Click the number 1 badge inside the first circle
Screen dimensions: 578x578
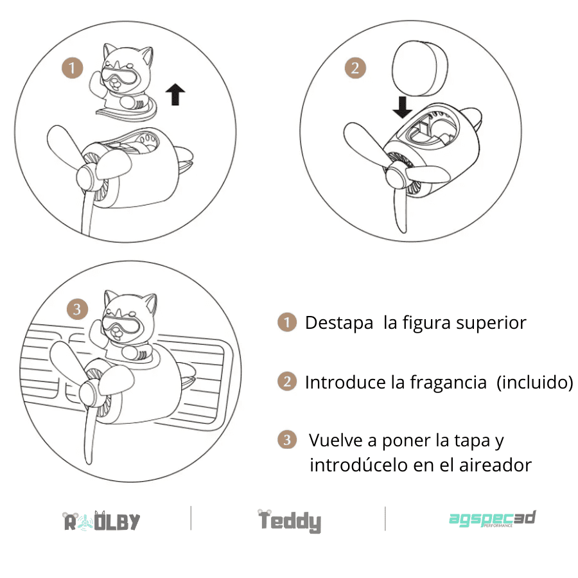[x=72, y=68]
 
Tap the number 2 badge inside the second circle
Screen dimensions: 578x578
[x=355, y=68]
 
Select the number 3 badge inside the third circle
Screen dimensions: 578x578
[x=77, y=309]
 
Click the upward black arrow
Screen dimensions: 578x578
[x=175, y=94]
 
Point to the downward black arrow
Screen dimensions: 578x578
[x=402, y=107]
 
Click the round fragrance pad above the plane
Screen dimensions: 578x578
[x=420, y=68]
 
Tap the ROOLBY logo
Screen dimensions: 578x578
[x=101, y=521]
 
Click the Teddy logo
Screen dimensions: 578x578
[x=290, y=521]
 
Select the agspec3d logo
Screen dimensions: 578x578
[x=493, y=519]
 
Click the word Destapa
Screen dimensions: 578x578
[x=339, y=323]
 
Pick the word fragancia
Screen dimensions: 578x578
[x=448, y=382]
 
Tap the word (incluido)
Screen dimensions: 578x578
[x=535, y=382]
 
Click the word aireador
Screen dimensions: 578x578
[x=495, y=465]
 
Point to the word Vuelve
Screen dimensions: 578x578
[x=335, y=440]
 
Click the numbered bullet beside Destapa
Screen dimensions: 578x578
[x=287, y=322]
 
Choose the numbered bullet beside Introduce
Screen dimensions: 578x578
[x=287, y=381]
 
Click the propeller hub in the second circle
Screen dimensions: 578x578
[x=396, y=177]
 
